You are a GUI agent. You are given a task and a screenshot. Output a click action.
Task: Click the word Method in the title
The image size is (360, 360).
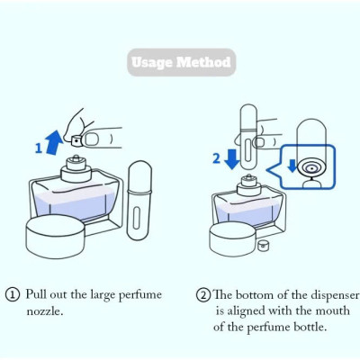[204, 62]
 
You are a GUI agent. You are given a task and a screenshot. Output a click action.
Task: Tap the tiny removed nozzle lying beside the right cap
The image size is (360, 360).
[264, 244]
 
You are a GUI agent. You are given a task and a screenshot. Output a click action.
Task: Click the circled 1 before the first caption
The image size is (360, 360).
[13, 294]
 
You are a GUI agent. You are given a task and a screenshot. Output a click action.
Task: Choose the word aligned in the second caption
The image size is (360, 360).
[254, 310]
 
